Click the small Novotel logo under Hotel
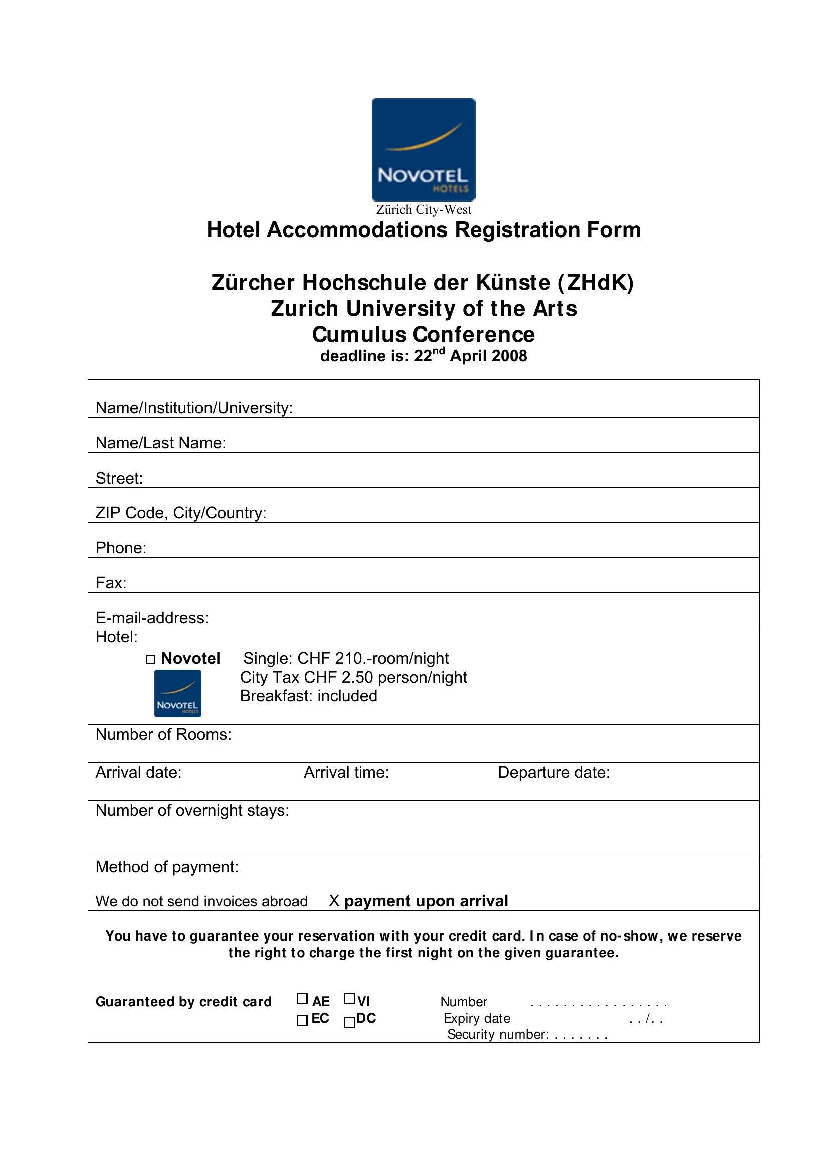pyautogui.click(x=177, y=693)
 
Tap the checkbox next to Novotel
pyautogui.click(x=150, y=659)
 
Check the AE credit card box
pyautogui.click(x=302, y=999)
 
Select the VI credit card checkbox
pyautogui.click(x=350, y=999)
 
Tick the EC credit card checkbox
pyautogui.click(x=302, y=1020)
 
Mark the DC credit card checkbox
pyautogui.click(x=350, y=1022)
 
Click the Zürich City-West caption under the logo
pyautogui.click(x=424, y=210)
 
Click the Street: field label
pyautogui.click(x=119, y=479)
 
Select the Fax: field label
pyautogui.click(x=111, y=583)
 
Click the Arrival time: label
pyautogui.click(x=346, y=772)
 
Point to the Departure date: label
pyautogui.click(x=554, y=772)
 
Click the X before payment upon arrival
pyautogui.click(x=334, y=901)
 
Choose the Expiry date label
pyautogui.click(x=477, y=1018)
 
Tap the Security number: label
pyautogui.click(x=498, y=1034)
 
